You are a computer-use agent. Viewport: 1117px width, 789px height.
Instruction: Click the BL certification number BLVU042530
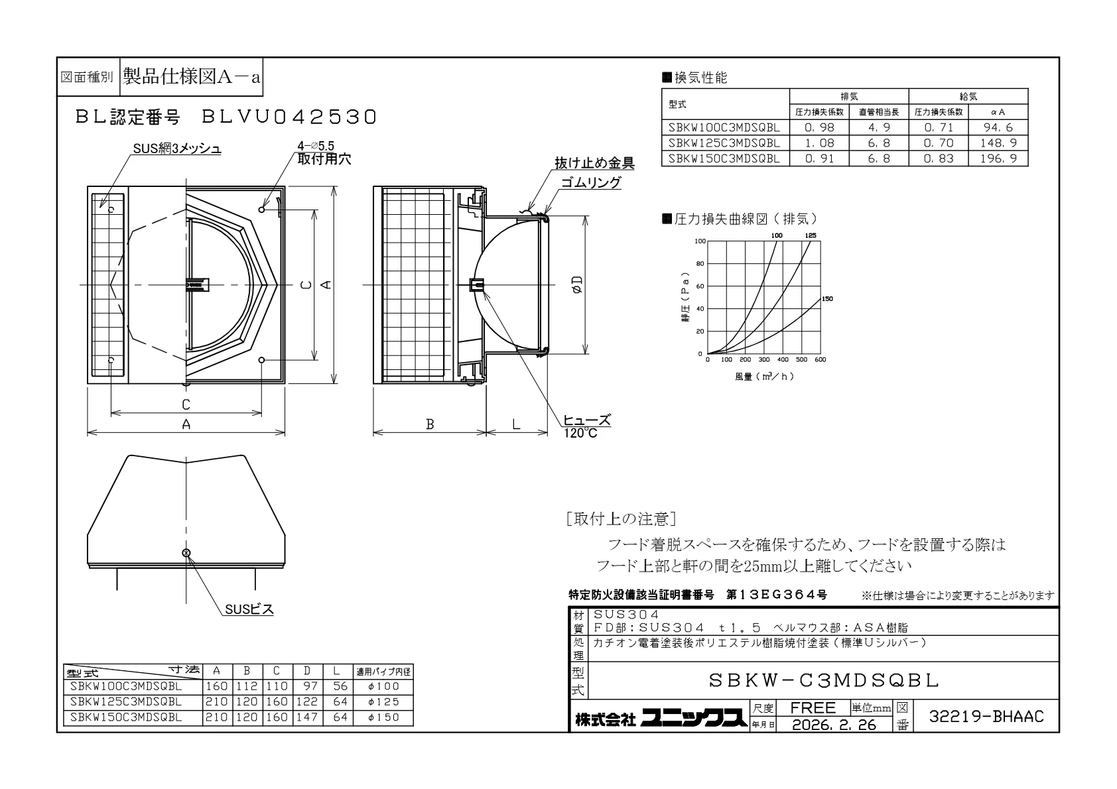point(289,117)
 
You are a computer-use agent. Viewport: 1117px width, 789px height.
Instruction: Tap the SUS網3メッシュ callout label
point(177,149)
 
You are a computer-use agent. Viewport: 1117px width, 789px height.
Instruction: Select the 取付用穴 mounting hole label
point(324,159)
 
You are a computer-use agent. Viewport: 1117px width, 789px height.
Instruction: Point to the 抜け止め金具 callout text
point(594,163)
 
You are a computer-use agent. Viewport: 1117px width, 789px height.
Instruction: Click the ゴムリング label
point(591,182)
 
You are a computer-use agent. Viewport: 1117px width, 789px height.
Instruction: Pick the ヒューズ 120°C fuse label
point(586,426)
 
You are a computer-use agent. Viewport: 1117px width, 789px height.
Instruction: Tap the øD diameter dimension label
point(578,284)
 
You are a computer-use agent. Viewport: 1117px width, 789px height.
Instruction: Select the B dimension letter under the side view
point(430,424)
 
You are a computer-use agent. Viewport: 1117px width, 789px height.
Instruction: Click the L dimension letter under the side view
point(516,424)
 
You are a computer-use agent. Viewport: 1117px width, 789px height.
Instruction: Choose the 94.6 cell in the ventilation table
point(998,127)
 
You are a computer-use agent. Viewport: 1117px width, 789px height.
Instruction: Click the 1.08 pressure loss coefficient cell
point(819,143)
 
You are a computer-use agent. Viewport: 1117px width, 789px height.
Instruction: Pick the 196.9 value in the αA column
point(998,158)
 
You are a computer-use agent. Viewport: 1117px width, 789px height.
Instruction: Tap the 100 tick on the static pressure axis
point(700,241)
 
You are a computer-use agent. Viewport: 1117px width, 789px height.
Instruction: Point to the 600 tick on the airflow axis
point(821,359)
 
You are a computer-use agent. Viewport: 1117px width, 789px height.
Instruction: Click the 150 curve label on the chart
point(827,299)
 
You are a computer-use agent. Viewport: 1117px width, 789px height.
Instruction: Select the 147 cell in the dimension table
point(307,717)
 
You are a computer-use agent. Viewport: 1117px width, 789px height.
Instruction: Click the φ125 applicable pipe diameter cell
point(383,701)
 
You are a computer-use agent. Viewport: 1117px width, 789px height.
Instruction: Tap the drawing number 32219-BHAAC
point(986,717)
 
